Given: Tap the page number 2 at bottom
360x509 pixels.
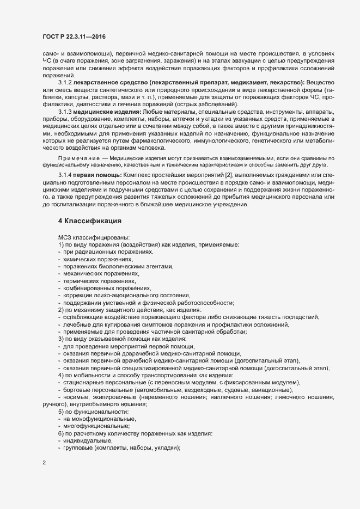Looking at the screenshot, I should click(44, 464).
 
